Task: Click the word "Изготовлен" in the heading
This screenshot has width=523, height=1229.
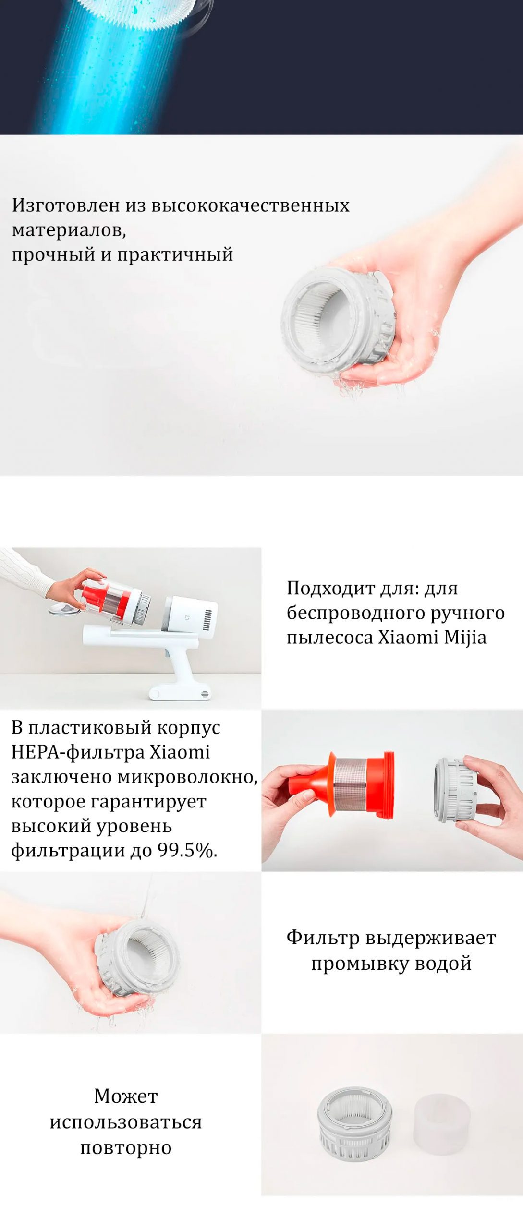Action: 66,205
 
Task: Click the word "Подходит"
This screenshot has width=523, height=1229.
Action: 330,588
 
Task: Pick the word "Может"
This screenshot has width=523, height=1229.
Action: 126,1096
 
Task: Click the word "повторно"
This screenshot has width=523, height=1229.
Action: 126,1147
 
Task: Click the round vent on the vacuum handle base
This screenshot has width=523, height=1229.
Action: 205,694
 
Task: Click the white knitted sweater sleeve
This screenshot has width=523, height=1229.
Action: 24,571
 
